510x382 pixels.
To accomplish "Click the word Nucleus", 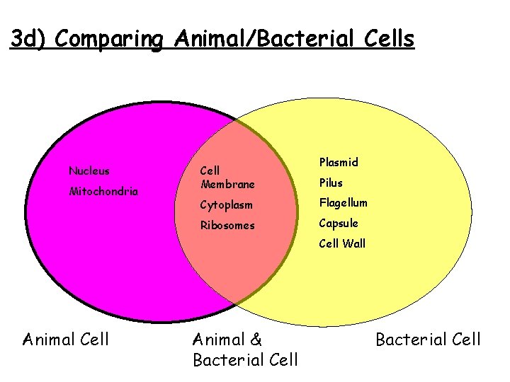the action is [x=89, y=170].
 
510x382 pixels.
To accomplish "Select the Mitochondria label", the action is [x=103, y=191].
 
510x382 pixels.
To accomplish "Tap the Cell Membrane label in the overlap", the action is [x=227, y=178].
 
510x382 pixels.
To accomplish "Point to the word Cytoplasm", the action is [x=227, y=204].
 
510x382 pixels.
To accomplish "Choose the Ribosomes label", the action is [x=227, y=225].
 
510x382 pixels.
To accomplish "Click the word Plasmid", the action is [x=339, y=162].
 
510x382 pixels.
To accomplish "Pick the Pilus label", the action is [x=331, y=183].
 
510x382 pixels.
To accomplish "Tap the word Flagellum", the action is [x=344, y=203].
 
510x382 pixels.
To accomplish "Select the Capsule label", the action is [x=339, y=224].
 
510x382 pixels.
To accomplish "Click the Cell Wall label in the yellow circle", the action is [x=342, y=244].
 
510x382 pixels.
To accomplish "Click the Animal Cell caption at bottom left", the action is [x=66, y=340].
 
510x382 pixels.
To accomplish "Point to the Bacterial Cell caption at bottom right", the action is [x=428, y=340].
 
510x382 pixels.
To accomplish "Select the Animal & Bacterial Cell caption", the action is [x=245, y=349].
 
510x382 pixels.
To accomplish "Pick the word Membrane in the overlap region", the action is [x=227, y=185].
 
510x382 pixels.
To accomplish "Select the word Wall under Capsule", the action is [x=353, y=244].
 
